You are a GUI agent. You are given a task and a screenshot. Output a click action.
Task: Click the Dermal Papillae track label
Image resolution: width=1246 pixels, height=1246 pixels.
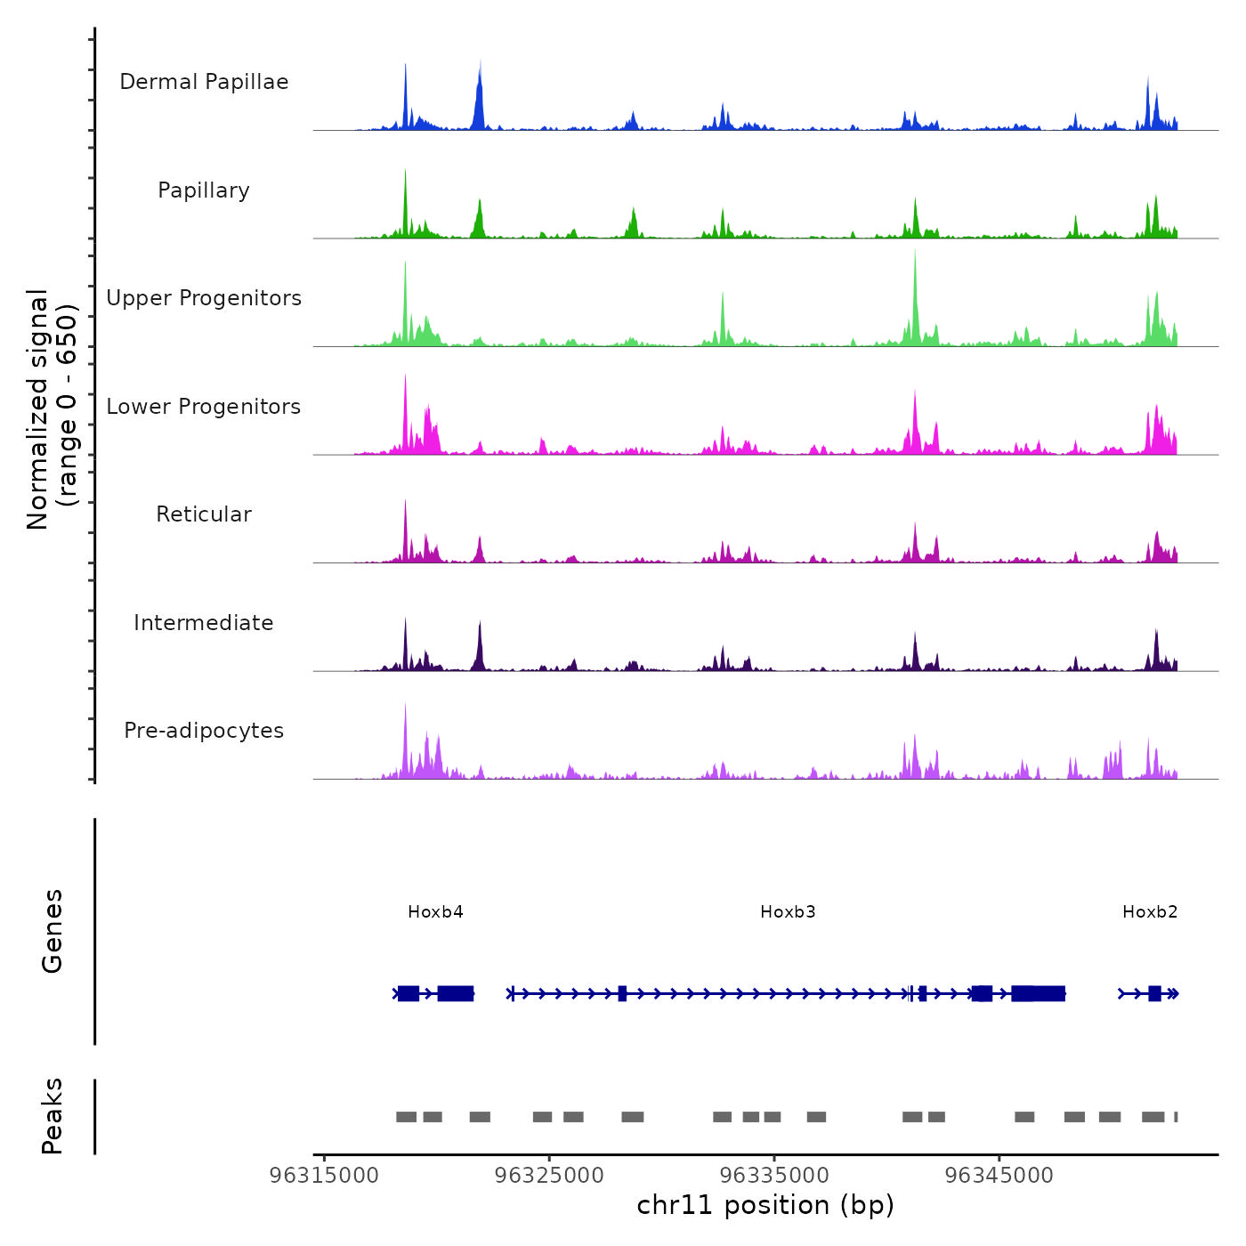tap(204, 82)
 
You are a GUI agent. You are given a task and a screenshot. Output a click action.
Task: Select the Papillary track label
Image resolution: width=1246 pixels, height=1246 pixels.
tap(204, 190)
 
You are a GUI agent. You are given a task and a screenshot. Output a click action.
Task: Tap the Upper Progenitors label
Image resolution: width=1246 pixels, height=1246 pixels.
tap(204, 298)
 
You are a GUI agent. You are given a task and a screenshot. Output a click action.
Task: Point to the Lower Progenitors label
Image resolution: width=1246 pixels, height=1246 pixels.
tap(204, 407)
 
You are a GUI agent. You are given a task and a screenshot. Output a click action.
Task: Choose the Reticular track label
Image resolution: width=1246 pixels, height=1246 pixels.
tap(204, 514)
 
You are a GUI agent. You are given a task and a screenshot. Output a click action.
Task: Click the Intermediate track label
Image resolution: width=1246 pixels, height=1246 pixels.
tap(204, 623)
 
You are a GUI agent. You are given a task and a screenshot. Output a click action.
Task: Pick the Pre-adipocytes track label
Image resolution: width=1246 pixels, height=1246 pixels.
tap(204, 731)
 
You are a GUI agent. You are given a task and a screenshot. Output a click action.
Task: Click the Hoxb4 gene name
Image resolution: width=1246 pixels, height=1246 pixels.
tap(435, 912)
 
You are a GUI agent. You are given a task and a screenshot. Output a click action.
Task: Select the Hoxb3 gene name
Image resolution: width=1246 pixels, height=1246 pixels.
tap(788, 912)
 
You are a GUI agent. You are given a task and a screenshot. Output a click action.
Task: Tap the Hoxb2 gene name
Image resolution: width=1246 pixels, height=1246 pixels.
tap(1150, 912)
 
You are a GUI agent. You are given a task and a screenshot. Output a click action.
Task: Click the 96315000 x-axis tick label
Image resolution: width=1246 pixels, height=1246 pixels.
tap(324, 1176)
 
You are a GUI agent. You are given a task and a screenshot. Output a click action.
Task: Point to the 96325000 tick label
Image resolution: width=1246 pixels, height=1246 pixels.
tap(549, 1176)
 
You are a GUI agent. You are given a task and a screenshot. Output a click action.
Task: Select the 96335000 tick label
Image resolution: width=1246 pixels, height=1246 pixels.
tap(774, 1176)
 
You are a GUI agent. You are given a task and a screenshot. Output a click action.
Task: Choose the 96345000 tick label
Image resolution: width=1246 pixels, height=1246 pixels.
tap(999, 1176)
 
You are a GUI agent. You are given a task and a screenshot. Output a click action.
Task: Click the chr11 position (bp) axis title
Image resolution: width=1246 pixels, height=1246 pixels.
tap(765, 1205)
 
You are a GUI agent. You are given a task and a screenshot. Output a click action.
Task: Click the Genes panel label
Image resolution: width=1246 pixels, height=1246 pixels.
tap(53, 931)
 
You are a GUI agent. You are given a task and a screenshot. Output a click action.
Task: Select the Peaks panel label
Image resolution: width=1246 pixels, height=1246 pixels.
tap(53, 1116)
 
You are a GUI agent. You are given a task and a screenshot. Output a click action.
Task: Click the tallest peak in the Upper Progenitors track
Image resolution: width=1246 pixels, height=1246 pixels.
tap(915, 267)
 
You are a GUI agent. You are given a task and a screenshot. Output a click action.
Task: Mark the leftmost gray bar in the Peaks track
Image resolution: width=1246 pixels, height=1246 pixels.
tap(406, 1117)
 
